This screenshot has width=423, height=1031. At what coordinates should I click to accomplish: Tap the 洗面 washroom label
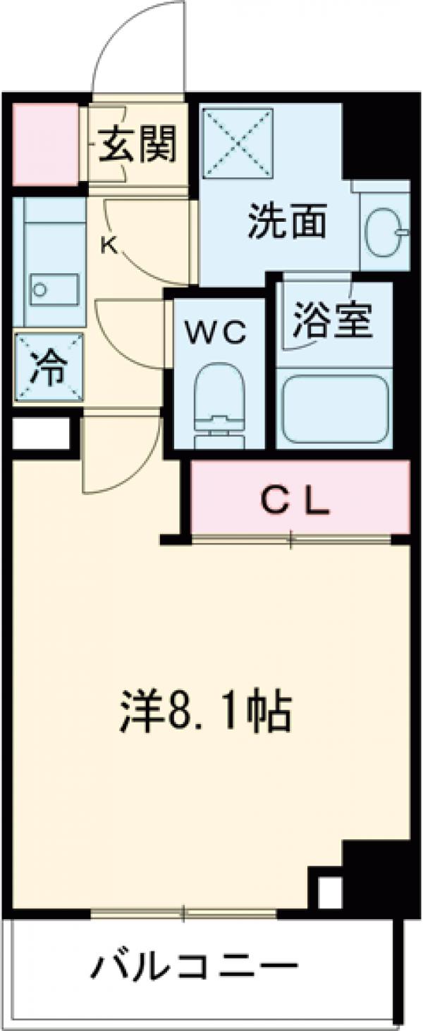click(286, 223)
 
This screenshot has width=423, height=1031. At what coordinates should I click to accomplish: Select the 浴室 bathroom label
click(333, 321)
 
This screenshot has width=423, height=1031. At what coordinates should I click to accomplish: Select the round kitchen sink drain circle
click(40, 289)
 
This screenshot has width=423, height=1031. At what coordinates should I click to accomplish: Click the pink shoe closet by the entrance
click(45, 144)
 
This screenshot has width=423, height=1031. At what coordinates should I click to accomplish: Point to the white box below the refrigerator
click(41, 433)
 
